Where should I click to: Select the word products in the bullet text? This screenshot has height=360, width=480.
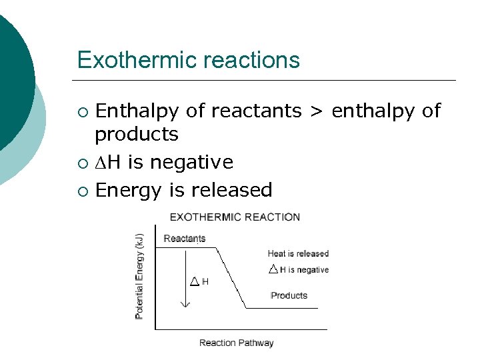tap(137, 134)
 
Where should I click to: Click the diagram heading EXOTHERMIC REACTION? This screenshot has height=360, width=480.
tap(235, 217)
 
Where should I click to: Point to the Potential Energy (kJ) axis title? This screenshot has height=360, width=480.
tap(139, 276)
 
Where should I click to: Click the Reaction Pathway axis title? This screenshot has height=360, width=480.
tap(236, 343)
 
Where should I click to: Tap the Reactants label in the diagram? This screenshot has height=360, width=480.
tap(184, 239)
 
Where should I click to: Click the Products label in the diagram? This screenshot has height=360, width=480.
tap(289, 295)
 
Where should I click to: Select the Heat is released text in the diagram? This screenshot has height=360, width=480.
tap(298, 253)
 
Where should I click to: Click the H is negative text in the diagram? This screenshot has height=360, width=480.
tap(304, 270)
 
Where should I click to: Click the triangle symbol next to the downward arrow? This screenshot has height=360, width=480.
tap(194, 282)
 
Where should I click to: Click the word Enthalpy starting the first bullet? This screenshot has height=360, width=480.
tap(137, 111)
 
